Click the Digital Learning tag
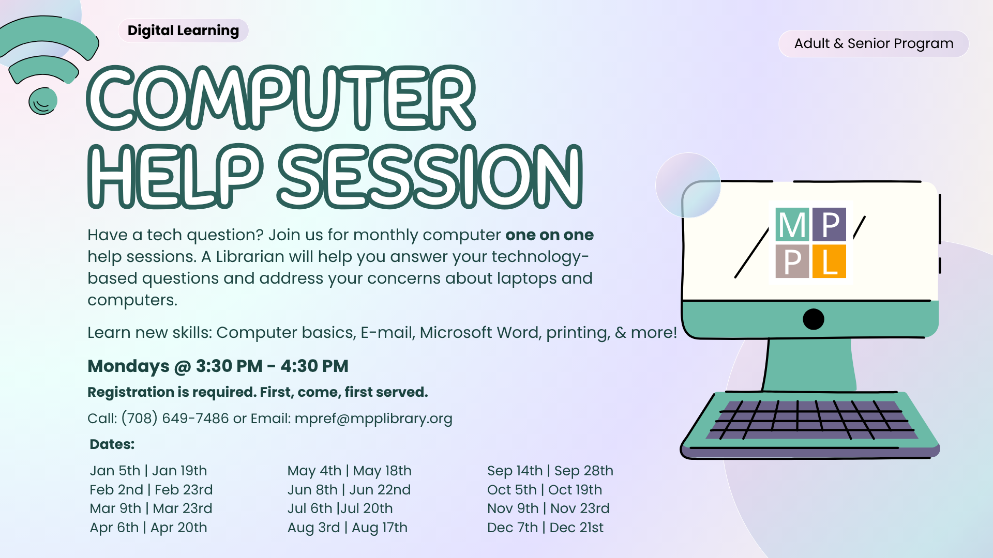click(x=183, y=30)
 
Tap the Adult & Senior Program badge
click(x=874, y=43)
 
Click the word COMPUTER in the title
click(x=281, y=98)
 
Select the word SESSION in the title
click(x=430, y=176)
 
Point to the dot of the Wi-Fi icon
click(x=43, y=101)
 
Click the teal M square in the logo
click(x=792, y=225)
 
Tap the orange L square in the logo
click(x=829, y=261)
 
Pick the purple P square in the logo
click(x=829, y=225)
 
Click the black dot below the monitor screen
click(x=814, y=319)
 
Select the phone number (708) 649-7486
click(x=175, y=418)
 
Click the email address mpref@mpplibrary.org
click(x=373, y=419)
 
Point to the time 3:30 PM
click(x=229, y=366)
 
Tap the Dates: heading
click(x=112, y=444)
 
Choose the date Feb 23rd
click(x=184, y=489)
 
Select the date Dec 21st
click(x=576, y=528)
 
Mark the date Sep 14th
click(x=515, y=471)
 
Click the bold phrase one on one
click(x=549, y=235)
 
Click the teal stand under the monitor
click(x=809, y=365)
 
